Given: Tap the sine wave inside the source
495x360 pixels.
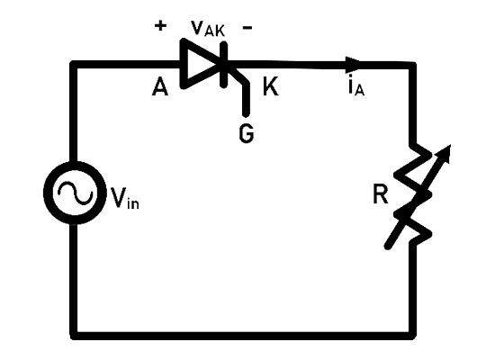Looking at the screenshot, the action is click(75, 193).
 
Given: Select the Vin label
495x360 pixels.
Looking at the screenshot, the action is click(125, 198).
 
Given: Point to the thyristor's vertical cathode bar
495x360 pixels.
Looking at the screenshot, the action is click(224, 65).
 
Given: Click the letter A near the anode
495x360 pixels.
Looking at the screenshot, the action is click(160, 86).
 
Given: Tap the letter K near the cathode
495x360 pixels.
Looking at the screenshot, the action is click(271, 86).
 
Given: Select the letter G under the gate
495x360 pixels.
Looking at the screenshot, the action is click(247, 133).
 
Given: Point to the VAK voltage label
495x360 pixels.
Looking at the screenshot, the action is click(208, 28).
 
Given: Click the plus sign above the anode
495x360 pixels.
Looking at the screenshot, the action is click(160, 25).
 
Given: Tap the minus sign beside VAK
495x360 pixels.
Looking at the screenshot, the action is click(247, 28).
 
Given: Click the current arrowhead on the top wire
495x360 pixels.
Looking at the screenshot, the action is click(353, 65).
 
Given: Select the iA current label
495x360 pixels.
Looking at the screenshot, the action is click(356, 86).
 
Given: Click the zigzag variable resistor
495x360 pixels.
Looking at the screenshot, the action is click(413, 194).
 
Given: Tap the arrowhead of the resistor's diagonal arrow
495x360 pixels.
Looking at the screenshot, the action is click(445, 152).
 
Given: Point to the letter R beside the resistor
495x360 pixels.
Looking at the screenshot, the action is click(380, 194).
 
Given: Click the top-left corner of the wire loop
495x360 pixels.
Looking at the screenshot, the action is click(74, 65).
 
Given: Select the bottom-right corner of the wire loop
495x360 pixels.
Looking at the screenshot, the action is click(412, 336).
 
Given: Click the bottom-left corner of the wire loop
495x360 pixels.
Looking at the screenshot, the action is click(74, 336).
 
